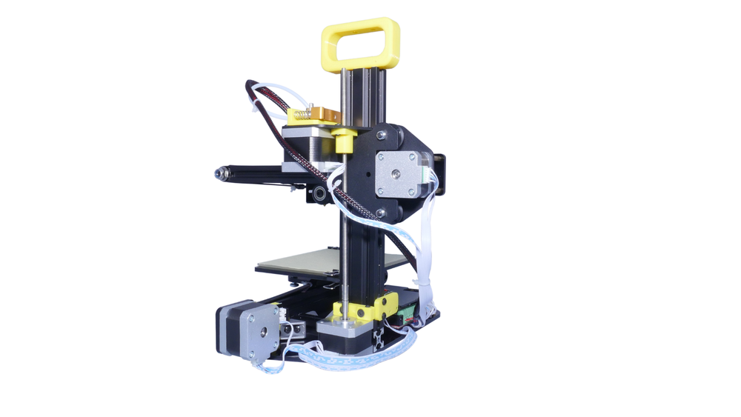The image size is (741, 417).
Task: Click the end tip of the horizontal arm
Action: [x=216, y=173]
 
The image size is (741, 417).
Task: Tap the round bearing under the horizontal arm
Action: [x=318, y=196]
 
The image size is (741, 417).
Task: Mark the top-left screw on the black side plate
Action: [x=380, y=135]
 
